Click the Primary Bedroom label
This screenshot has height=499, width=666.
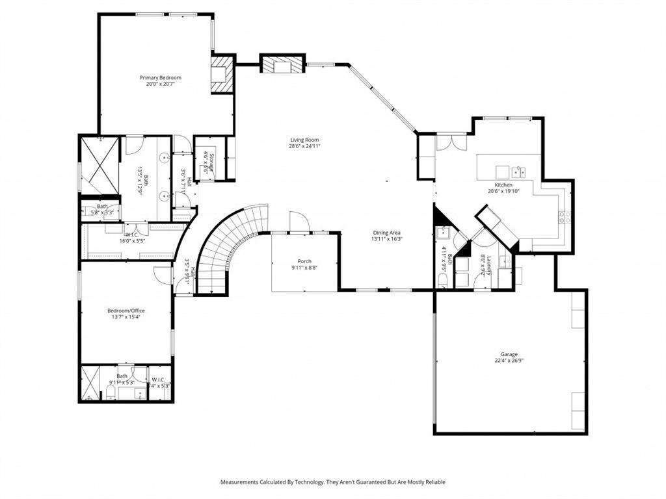pyautogui.click(x=160, y=77)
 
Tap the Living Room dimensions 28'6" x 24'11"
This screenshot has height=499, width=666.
pyautogui.click(x=304, y=146)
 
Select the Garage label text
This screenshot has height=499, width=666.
pyautogui.click(x=509, y=354)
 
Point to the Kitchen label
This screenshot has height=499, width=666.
pyautogui.click(x=503, y=185)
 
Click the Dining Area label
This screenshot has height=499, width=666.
pyautogui.click(x=386, y=233)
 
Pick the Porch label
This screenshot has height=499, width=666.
pyautogui.click(x=304, y=261)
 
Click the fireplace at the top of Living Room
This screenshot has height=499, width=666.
pyautogui.click(x=282, y=64)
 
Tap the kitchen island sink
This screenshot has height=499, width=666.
pyautogui.click(x=518, y=172)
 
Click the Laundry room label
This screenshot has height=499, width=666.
pyautogui.click(x=484, y=264)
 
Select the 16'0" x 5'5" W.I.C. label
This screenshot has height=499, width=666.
pyautogui.click(x=131, y=238)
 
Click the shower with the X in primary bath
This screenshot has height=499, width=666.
pyautogui.click(x=100, y=165)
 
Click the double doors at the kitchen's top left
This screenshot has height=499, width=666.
pyautogui.click(x=451, y=142)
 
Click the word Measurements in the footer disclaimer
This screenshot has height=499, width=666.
pyautogui.click(x=240, y=482)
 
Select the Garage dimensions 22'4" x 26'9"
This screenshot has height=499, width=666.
pyautogui.click(x=509, y=361)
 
